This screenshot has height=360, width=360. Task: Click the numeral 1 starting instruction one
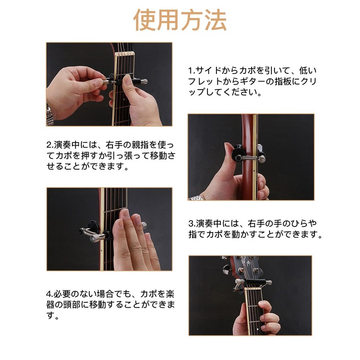point(190,71)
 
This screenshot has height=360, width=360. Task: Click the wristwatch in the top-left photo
point(49,112)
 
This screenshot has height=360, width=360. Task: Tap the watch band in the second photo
point(197,198)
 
